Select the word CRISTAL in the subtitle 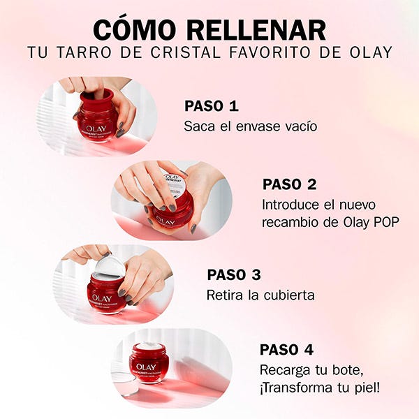coord(186,52)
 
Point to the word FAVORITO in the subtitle coord(270,52)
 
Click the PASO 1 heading coord(212,106)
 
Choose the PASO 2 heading coord(289,184)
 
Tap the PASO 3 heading coord(234,274)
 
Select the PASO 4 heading coord(286,350)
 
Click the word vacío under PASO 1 coord(301,126)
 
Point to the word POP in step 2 coord(386,222)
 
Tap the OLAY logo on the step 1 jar coord(96,128)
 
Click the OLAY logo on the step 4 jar coord(146,367)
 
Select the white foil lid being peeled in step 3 coord(110,265)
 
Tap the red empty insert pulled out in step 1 coord(96,99)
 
